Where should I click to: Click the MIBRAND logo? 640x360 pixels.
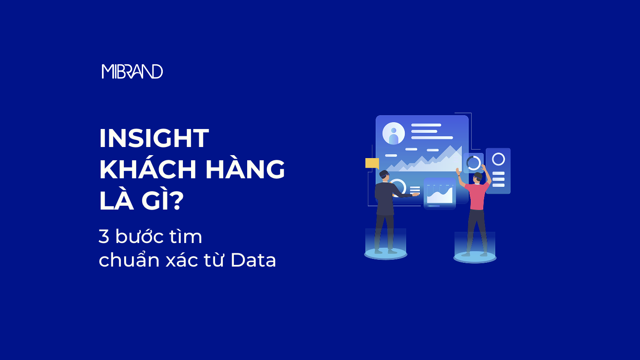(132, 72)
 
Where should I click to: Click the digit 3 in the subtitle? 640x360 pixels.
(104, 237)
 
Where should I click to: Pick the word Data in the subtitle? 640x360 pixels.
(253, 260)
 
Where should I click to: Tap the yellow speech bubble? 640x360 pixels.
(372, 163)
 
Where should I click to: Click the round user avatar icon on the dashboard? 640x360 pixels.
(393, 134)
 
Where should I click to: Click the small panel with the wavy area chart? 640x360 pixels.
(440, 193)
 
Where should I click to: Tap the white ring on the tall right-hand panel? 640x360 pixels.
(499, 159)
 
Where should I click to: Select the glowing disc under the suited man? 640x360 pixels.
(386, 254)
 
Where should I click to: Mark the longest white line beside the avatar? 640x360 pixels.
(432, 138)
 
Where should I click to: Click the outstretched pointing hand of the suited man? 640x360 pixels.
(416, 195)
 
